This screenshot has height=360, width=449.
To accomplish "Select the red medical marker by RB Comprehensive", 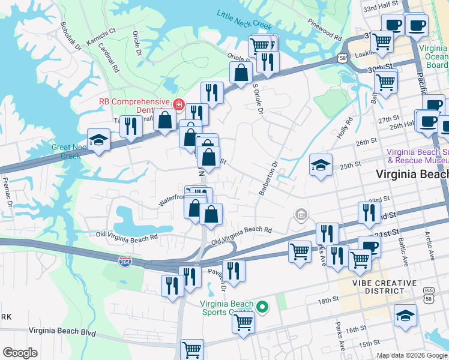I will (178, 105).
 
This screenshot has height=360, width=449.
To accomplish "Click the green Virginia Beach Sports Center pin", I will (262, 307).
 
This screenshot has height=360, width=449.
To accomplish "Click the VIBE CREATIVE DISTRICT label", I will (384, 287).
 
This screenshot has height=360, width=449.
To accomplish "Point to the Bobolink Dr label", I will (70, 37).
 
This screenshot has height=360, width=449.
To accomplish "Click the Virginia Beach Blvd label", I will (62, 331).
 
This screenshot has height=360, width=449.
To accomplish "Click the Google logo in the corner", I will (20, 353).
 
